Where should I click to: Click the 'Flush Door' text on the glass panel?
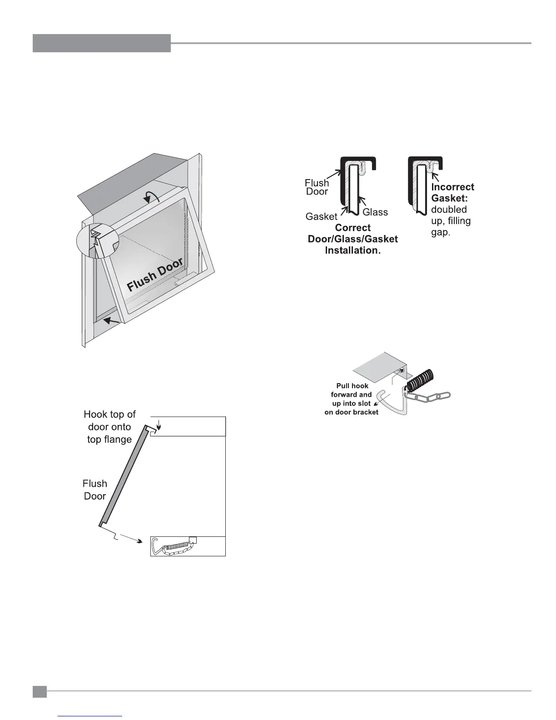click(x=155, y=275)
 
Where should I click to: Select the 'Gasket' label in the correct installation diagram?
click(x=321, y=217)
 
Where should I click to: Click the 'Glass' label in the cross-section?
click(x=375, y=212)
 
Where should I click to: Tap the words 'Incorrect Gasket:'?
click(x=452, y=192)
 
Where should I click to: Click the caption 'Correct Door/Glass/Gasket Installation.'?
click(x=352, y=239)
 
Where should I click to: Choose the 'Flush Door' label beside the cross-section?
click(x=317, y=187)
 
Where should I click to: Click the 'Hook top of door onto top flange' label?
click(x=109, y=427)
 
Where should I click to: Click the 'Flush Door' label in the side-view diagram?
click(x=95, y=490)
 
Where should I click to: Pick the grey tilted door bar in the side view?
click(x=124, y=477)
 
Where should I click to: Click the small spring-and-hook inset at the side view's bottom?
click(x=188, y=546)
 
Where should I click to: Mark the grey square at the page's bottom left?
click(x=40, y=692)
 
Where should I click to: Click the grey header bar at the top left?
click(x=102, y=43)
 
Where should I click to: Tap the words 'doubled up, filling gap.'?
click(x=451, y=221)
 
